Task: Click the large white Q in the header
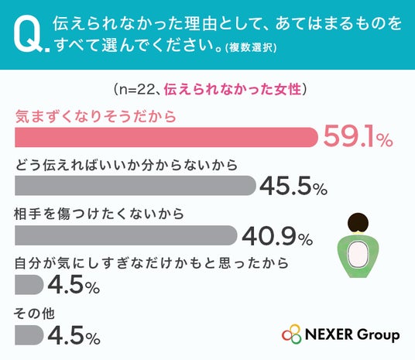[x=27, y=33]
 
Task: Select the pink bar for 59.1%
[x=166, y=137]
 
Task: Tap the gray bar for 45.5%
[x=135, y=186]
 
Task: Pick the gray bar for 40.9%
[x=125, y=235]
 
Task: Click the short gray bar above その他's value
[x=29, y=335]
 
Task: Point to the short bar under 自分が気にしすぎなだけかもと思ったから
[x=29, y=285]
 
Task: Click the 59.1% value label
[x=358, y=135]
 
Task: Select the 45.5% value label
[x=293, y=186]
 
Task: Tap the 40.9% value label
[x=277, y=235]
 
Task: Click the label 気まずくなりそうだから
[x=95, y=116]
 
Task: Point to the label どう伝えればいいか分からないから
[x=126, y=165]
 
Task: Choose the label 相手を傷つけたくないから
[x=99, y=214]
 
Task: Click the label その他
[x=34, y=314]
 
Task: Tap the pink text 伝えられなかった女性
[x=232, y=89]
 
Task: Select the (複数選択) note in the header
[x=251, y=48]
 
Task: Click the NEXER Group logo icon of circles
[x=292, y=334]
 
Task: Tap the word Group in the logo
[x=378, y=335]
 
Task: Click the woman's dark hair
[x=358, y=222]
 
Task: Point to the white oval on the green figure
[x=358, y=255]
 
